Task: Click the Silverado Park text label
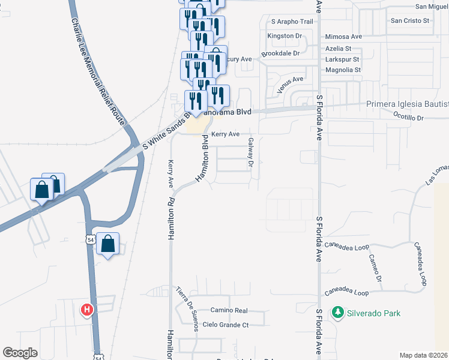pos(373,313)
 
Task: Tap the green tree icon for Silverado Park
pos(338,313)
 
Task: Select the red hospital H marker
pos(87,310)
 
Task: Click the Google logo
pos(20,353)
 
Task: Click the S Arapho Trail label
pos(292,22)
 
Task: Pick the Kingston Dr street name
pos(284,36)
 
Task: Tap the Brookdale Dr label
pos(280,53)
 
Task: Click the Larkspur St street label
pos(342,59)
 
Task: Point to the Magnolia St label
pos(342,70)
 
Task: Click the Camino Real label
pos(229,310)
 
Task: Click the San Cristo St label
pos(411,20)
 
